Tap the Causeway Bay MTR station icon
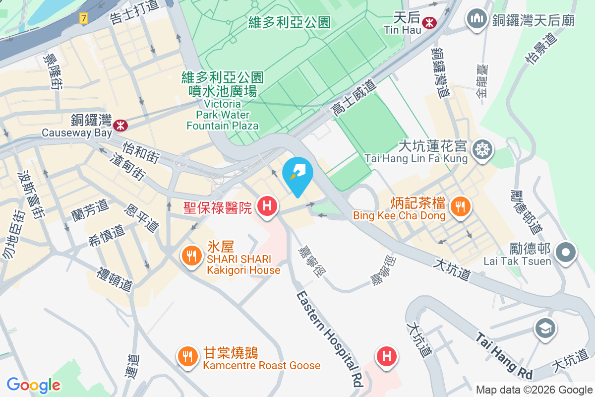pos(120,126)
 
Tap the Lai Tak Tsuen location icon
pos(565,252)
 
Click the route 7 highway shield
pos(83,18)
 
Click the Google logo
pos(34,385)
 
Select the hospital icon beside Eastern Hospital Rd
pos(387,356)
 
